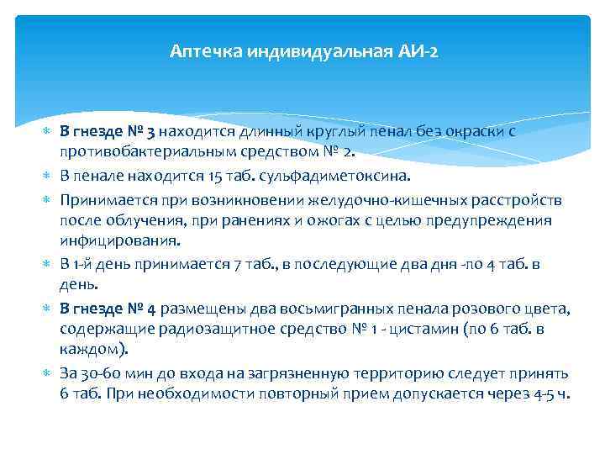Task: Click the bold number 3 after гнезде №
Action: pos(150,132)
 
